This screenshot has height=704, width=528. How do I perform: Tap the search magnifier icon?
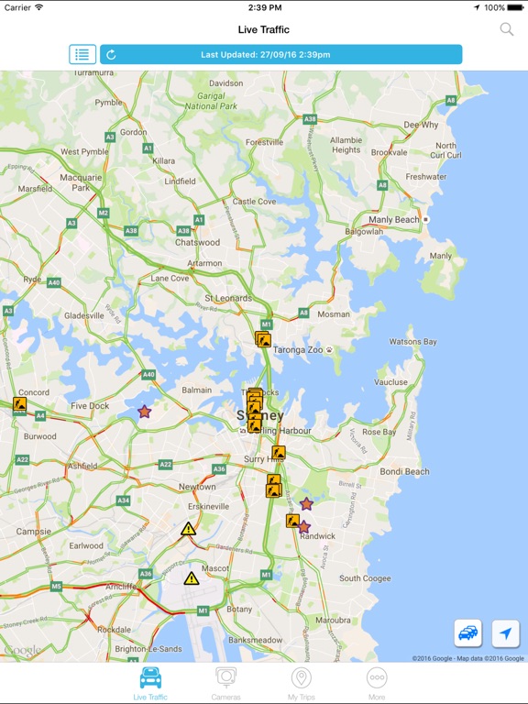pos(506,29)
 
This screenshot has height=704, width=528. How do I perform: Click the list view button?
pos(82,54)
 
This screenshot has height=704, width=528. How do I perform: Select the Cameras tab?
pos(225,683)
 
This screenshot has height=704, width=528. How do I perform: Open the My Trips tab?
pos(301,683)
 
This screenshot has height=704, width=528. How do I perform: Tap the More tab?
pos(377,683)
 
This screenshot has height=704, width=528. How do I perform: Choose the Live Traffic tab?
pos(150,683)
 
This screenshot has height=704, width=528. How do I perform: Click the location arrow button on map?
pos(505,633)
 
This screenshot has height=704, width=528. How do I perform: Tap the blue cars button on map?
pos(468,633)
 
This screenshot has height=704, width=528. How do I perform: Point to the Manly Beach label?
pos(394,220)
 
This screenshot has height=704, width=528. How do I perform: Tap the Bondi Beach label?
pos(404,472)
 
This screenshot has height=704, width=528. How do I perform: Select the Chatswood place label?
pos(198,243)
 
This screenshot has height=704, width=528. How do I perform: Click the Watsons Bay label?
pos(412,342)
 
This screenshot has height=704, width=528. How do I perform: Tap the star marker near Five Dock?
pos(144,412)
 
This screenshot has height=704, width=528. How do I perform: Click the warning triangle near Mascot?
pos(191,578)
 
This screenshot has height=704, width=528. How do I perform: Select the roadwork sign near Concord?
pos(19,403)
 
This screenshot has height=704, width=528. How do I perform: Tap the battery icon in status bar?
pos(517,7)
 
